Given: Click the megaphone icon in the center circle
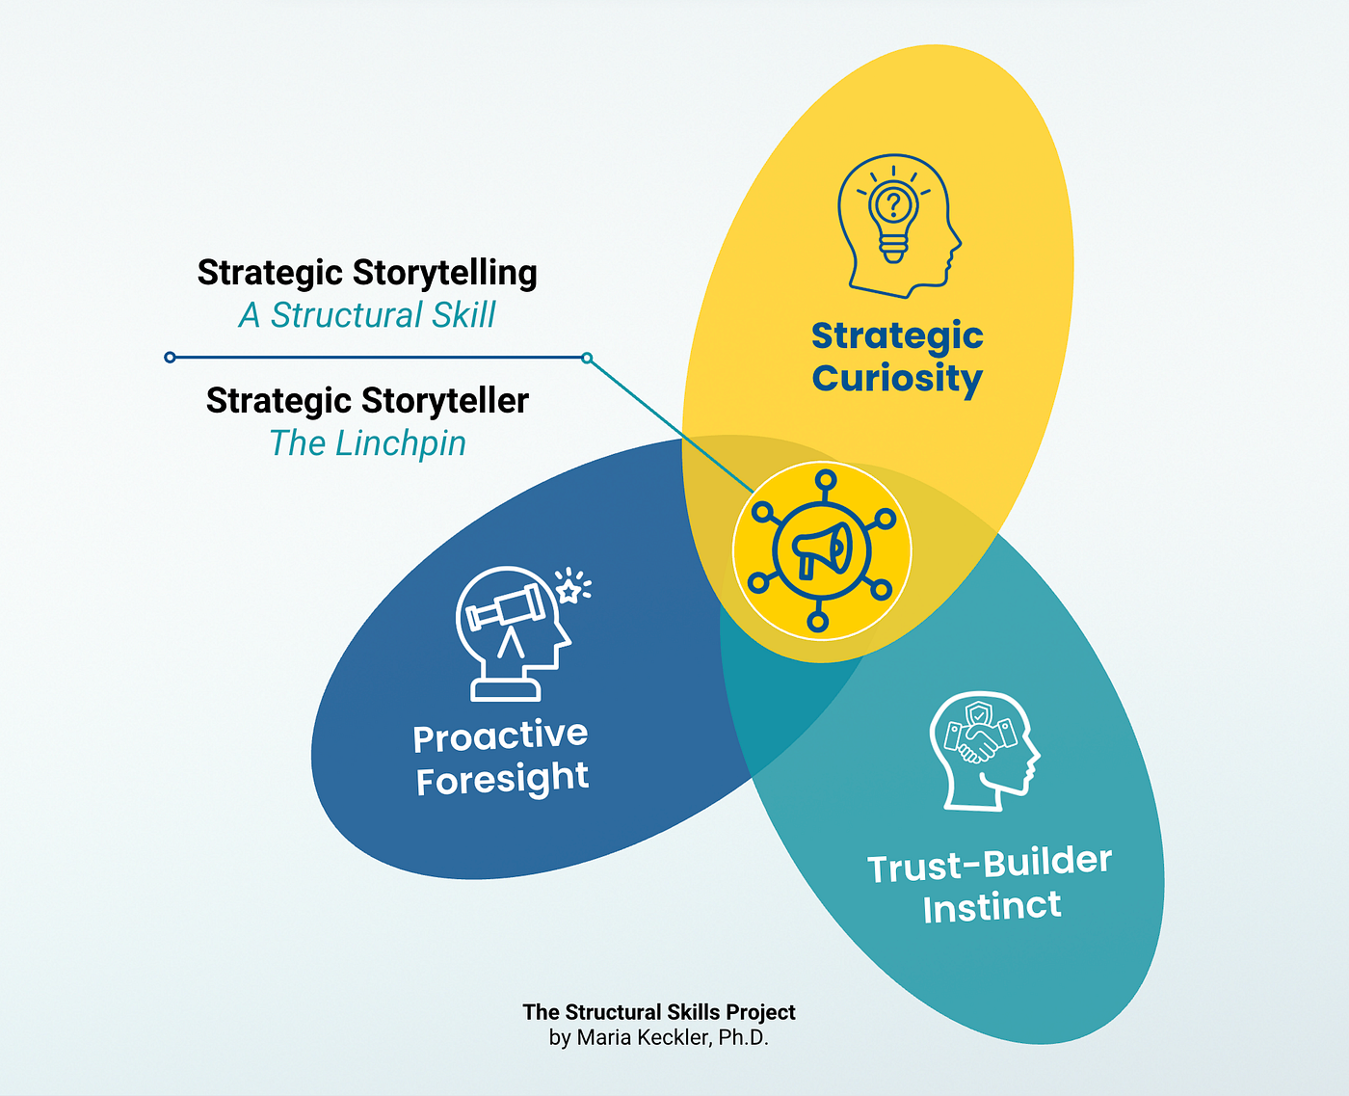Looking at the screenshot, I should [x=822, y=551].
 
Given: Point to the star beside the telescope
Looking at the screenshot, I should [x=570, y=589].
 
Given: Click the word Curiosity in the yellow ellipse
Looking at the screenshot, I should [x=897, y=379].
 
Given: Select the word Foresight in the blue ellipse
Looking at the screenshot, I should [x=502, y=779].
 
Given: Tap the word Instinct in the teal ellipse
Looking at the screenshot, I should [x=992, y=907].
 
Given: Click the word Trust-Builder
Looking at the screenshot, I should [x=990, y=864].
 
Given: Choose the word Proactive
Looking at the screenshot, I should [x=500, y=736].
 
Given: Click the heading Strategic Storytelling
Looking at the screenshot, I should [x=367, y=273].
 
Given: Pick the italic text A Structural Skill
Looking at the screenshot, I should [x=367, y=315].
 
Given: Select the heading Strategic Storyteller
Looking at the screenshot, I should [x=367, y=400].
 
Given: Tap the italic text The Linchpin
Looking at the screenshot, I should [x=367, y=443].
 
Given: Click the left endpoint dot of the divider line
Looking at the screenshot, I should [x=170, y=358].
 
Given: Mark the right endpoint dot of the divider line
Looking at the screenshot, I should [x=587, y=359].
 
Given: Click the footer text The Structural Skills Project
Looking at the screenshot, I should [x=659, y=1012].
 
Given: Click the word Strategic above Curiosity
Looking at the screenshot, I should [x=897, y=336].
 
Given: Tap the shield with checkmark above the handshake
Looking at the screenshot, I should [x=979, y=715].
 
